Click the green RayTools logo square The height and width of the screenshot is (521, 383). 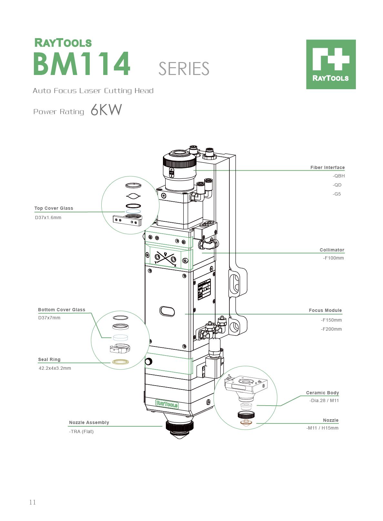(x=331, y=64)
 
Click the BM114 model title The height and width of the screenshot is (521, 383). (x=82, y=64)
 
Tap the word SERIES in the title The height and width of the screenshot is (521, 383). (x=184, y=69)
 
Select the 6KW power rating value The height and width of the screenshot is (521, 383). (x=106, y=110)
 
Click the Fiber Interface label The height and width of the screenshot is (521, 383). (x=327, y=167)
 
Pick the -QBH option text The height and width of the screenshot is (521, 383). (x=338, y=176)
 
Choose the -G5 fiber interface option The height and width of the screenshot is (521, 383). (x=337, y=194)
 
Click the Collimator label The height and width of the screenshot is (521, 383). (x=332, y=250)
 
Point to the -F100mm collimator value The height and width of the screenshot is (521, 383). (x=333, y=258)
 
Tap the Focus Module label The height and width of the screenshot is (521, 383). (x=325, y=310)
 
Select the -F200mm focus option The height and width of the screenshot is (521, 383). (x=331, y=329)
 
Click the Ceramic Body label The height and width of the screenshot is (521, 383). (x=322, y=393)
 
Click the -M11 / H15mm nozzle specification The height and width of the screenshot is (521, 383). (x=322, y=428)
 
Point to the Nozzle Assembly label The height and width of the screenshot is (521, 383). (x=89, y=422)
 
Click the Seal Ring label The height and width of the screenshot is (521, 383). (x=49, y=359)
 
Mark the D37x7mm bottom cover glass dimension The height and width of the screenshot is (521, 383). (x=49, y=318)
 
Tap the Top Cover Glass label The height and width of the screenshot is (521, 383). (x=54, y=208)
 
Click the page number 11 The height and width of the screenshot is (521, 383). (x=33, y=502)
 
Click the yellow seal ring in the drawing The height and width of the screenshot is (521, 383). (x=120, y=362)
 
